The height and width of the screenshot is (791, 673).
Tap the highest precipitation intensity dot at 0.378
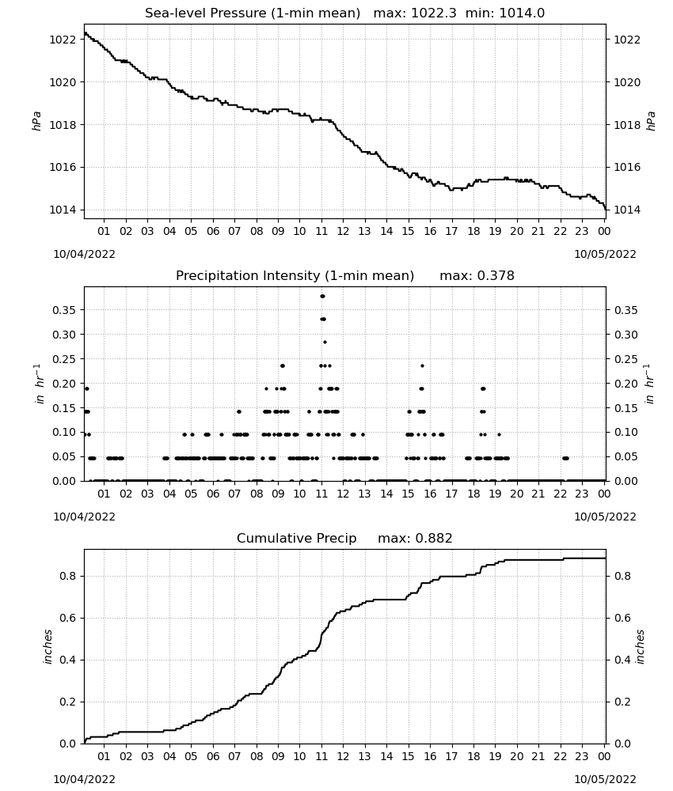tap(322, 296)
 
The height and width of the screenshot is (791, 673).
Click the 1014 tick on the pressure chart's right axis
tap(626, 210)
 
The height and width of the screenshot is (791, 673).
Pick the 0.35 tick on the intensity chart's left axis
tap(64, 310)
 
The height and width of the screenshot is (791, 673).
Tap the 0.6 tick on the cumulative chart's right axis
tap(622, 618)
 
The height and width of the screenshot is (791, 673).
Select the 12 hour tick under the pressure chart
tap(343, 231)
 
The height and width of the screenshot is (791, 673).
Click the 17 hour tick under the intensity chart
tap(451, 494)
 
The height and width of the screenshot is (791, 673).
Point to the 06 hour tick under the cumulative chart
tap(213, 756)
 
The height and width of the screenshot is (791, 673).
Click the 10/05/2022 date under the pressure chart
tap(605, 254)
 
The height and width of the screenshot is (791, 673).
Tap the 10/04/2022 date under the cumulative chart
tap(84, 779)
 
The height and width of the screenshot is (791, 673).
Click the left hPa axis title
tap(36, 121)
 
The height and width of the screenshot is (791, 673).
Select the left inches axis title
tap(48, 646)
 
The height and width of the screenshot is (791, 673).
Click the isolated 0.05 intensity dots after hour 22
tap(565, 458)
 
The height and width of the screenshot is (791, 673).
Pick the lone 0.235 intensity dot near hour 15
tap(423, 365)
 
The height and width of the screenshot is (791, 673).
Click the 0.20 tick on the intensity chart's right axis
tap(626, 384)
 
